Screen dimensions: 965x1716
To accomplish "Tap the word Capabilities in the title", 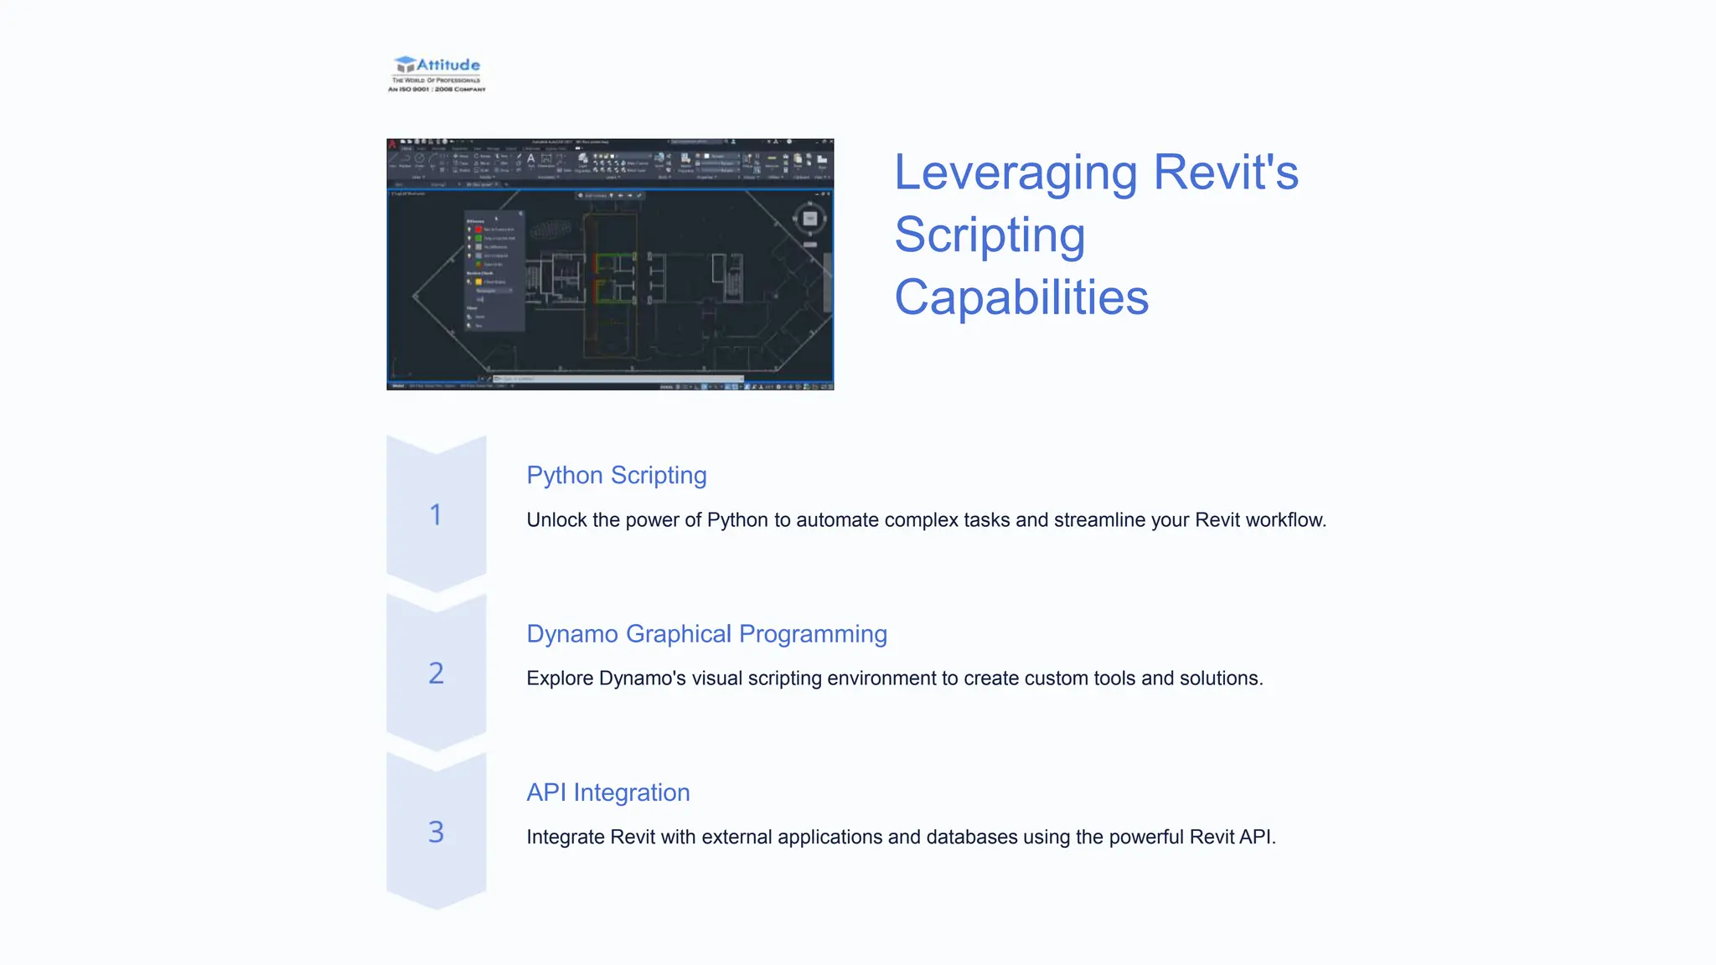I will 1021,297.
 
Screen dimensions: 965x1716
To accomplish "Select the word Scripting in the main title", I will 990,235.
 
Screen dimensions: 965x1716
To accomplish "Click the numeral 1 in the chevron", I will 436,514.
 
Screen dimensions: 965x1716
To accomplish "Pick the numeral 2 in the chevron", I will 436,673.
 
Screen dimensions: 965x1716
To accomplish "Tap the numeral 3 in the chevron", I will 436,832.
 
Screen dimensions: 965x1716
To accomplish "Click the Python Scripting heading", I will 616,475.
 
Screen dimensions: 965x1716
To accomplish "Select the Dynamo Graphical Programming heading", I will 706,634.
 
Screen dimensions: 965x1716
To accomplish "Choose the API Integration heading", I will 607,792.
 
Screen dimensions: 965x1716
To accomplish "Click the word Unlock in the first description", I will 556,520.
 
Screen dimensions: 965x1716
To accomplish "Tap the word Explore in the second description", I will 559,679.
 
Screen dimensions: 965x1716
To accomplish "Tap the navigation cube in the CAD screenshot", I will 809,219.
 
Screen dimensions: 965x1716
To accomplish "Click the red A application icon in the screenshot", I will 392,144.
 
